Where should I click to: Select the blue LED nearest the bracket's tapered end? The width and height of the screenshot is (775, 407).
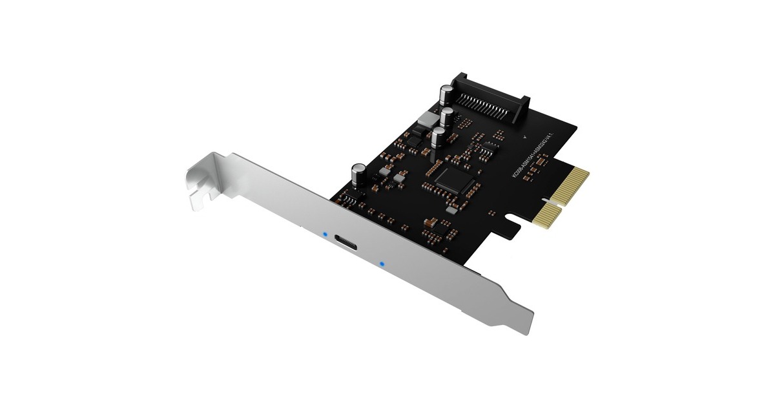pyautogui.click(x=382, y=264)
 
